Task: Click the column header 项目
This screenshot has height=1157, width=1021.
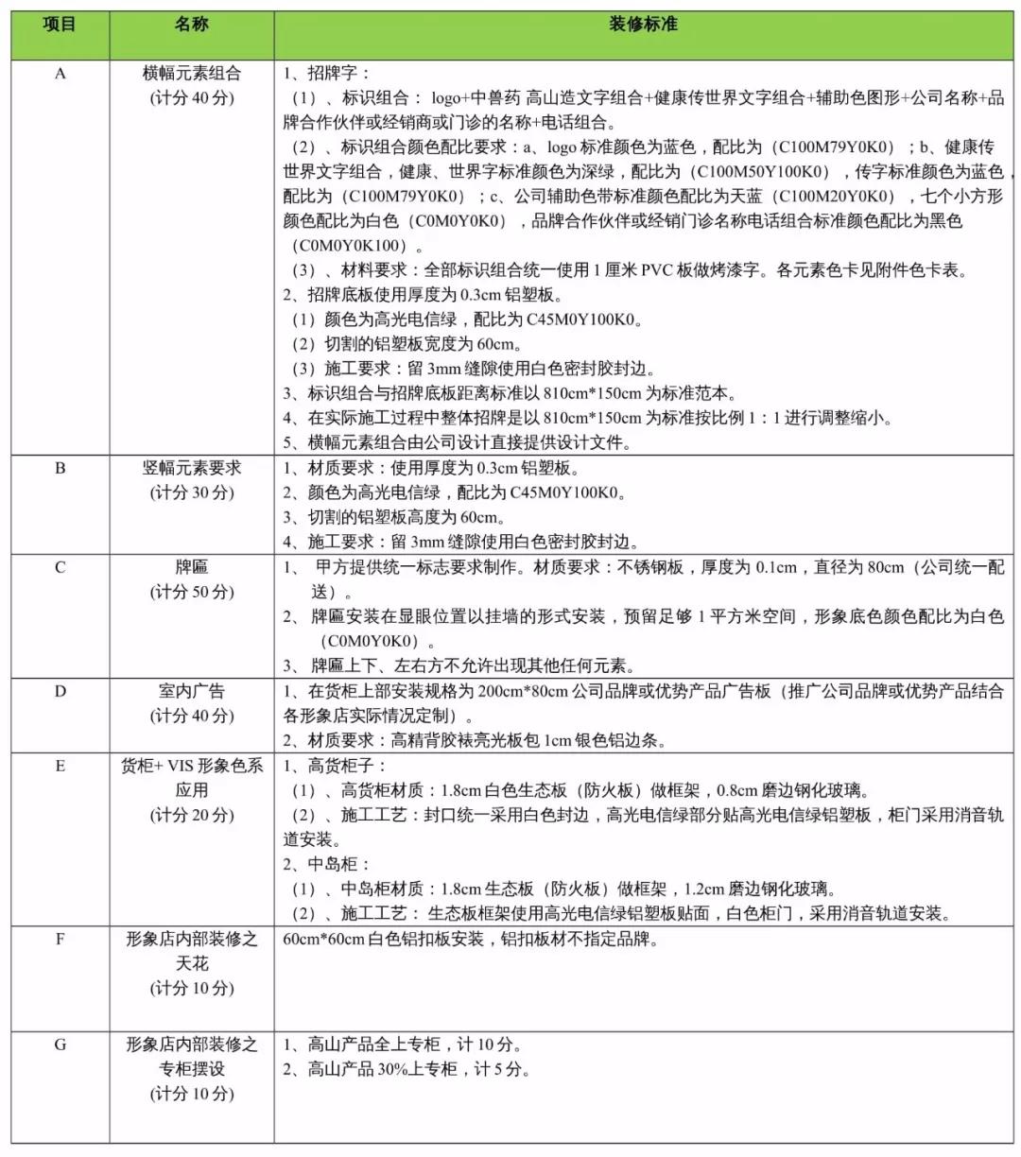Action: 60,25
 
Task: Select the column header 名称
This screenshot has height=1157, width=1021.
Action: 191,25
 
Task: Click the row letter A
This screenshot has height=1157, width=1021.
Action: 60,74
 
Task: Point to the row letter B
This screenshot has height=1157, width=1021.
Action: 60,468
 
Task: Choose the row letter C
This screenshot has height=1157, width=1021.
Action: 60,567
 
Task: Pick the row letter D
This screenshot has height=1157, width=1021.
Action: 60,691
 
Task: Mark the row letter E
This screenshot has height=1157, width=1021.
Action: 60,766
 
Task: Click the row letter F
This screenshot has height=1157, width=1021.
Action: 60,940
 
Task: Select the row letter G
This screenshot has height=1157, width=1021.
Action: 60,1045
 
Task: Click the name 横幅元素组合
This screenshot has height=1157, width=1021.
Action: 191,74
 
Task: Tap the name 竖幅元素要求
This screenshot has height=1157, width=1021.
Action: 191,468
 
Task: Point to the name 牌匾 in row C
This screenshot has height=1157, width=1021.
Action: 191,567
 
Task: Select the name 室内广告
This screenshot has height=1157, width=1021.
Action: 191,691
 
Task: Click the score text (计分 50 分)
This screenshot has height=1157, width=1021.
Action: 191,592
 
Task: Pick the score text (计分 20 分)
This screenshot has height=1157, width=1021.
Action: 191,815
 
